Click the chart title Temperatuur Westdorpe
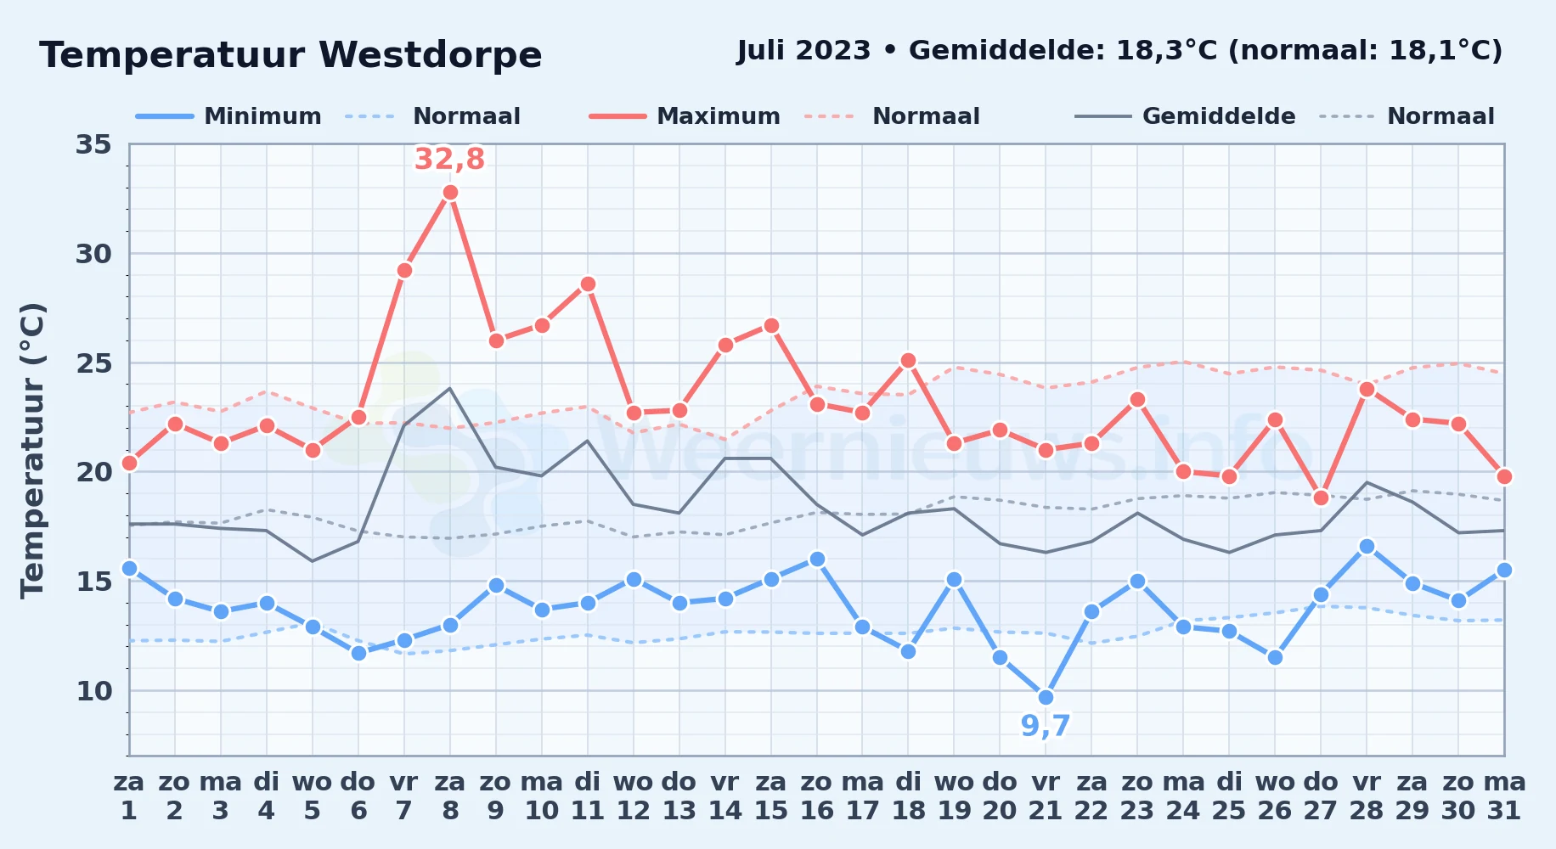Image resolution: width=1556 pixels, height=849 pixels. [x=290, y=55]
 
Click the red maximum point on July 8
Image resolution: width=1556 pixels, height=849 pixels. [x=450, y=193]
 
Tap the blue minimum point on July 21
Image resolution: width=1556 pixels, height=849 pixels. [x=1046, y=698]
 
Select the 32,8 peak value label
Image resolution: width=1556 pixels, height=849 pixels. [x=449, y=159]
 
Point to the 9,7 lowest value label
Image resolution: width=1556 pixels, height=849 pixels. [x=1046, y=726]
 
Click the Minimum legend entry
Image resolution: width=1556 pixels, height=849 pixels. [x=228, y=116]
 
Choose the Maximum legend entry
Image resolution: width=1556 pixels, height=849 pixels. [x=685, y=116]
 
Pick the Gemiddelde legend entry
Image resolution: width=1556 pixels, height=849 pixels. [x=1185, y=116]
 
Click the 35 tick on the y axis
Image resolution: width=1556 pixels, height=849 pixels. [x=93, y=144]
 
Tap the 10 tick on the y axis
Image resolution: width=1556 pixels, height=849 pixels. [x=93, y=691]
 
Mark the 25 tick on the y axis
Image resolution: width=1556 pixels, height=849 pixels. [x=93, y=363]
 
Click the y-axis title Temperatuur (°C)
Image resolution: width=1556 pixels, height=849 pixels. [x=32, y=450]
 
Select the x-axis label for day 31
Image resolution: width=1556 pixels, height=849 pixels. [x=1504, y=796]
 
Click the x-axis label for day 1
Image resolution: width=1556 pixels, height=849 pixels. [x=129, y=796]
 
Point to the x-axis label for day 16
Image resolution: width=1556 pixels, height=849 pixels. [x=817, y=796]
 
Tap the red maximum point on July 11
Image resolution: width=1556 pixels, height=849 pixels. [x=588, y=284]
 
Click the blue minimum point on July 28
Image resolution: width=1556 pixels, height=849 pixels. [x=1367, y=547]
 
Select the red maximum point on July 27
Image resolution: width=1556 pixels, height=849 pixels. [x=1321, y=498]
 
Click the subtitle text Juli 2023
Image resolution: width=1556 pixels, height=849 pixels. [x=803, y=51]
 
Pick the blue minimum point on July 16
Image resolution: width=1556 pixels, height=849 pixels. [x=817, y=559]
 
